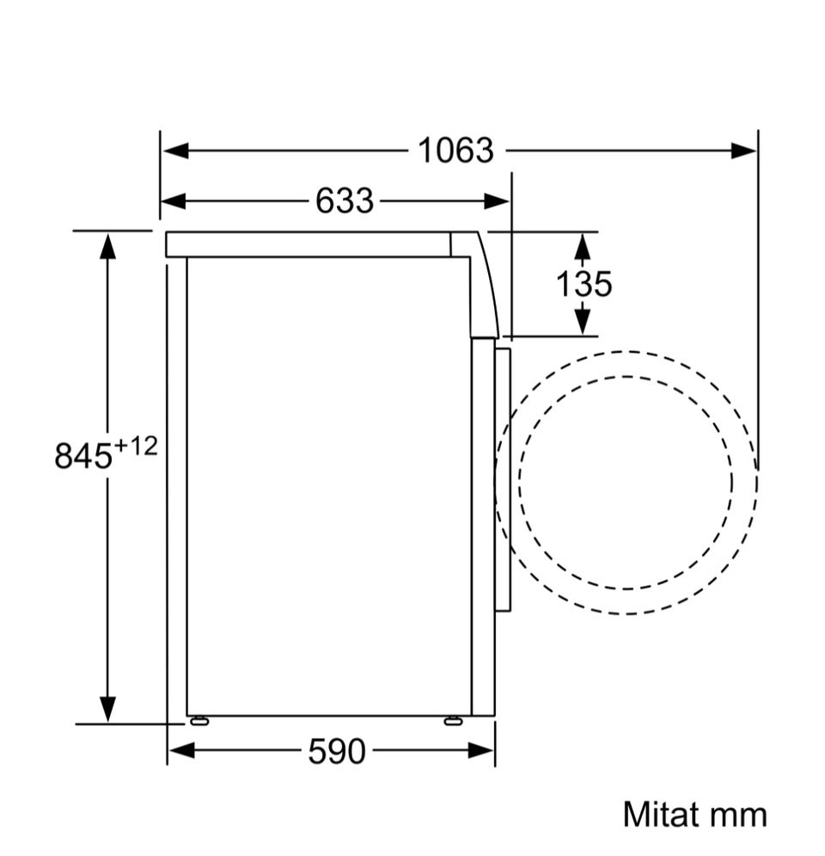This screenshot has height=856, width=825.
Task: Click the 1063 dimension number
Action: pos(455,151)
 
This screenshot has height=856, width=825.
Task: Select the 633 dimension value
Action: pos(345,200)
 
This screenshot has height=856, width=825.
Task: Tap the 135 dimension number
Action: pos(584,284)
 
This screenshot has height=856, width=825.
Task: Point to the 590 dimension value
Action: pos(336,751)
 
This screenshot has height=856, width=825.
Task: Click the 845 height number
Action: pos(82,456)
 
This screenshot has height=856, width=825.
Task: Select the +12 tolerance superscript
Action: pos(135,446)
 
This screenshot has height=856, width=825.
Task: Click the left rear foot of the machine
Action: pos(199,721)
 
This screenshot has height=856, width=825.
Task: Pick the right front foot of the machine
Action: pos(453,721)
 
